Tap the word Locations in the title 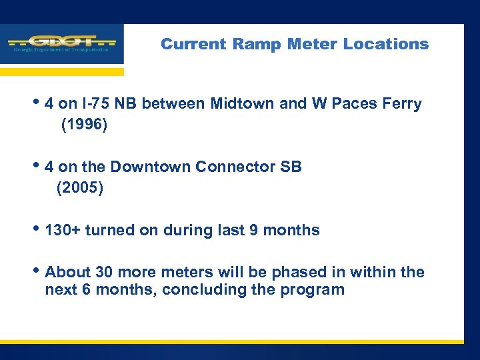pyautogui.click(x=386, y=44)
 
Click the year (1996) pyautogui.click(x=83, y=125)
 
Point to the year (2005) pyautogui.click(x=80, y=188)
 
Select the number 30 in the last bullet pyautogui.click(x=104, y=273)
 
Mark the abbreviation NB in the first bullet pyautogui.click(x=127, y=104)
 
